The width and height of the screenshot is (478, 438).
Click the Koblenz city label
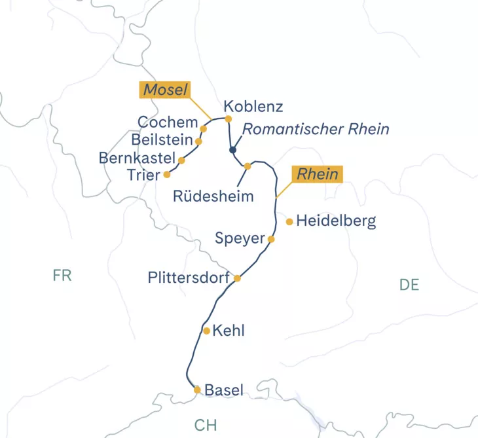(x=253, y=106)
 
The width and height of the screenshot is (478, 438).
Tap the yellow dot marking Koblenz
(x=229, y=119)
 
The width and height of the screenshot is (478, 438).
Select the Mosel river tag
(x=165, y=90)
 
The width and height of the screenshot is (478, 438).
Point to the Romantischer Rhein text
(x=316, y=129)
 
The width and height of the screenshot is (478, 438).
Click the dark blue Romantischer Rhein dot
(x=232, y=151)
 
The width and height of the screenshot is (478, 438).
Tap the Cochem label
(x=168, y=122)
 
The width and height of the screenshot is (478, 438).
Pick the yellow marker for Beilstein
(x=198, y=141)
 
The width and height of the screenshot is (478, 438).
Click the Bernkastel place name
(x=137, y=158)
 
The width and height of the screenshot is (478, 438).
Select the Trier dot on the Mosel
(x=167, y=175)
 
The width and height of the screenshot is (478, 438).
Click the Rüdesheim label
(x=213, y=196)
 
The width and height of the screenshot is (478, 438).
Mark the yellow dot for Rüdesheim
(x=248, y=166)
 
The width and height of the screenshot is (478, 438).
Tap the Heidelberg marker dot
(x=289, y=222)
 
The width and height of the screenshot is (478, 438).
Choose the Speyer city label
(x=239, y=238)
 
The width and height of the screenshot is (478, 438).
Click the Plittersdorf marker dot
(x=238, y=278)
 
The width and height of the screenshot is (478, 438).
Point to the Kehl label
(x=229, y=331)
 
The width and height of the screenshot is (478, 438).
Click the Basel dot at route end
(x=197, y=390)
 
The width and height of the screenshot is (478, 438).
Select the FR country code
(x=62, y=276)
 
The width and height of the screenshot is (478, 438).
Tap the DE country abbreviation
(x=409, y=284)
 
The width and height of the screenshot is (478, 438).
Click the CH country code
(x=205, y=425)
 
